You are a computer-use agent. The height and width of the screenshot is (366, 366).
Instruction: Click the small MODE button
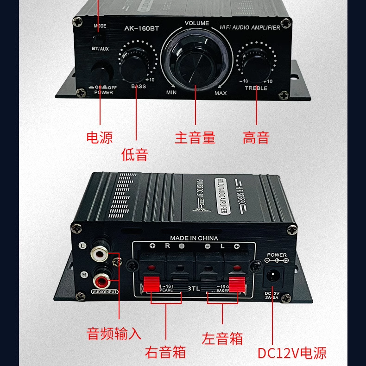[100, 36]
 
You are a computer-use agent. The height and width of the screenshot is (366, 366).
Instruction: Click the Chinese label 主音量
[195, 138]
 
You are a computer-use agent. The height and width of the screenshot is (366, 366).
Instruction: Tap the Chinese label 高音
[256, 138]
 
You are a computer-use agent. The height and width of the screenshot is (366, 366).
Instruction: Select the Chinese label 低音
[135, 154]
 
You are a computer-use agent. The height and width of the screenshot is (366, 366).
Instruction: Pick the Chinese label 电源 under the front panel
[100, 137]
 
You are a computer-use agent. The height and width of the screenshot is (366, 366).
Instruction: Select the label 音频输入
[114, 333]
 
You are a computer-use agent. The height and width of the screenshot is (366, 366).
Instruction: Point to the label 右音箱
[165, 352]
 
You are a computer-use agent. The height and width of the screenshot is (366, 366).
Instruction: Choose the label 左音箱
[222, 338]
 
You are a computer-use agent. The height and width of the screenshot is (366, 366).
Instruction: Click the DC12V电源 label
[292, 353]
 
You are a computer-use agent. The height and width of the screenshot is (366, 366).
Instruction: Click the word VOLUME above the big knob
[197, 23]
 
